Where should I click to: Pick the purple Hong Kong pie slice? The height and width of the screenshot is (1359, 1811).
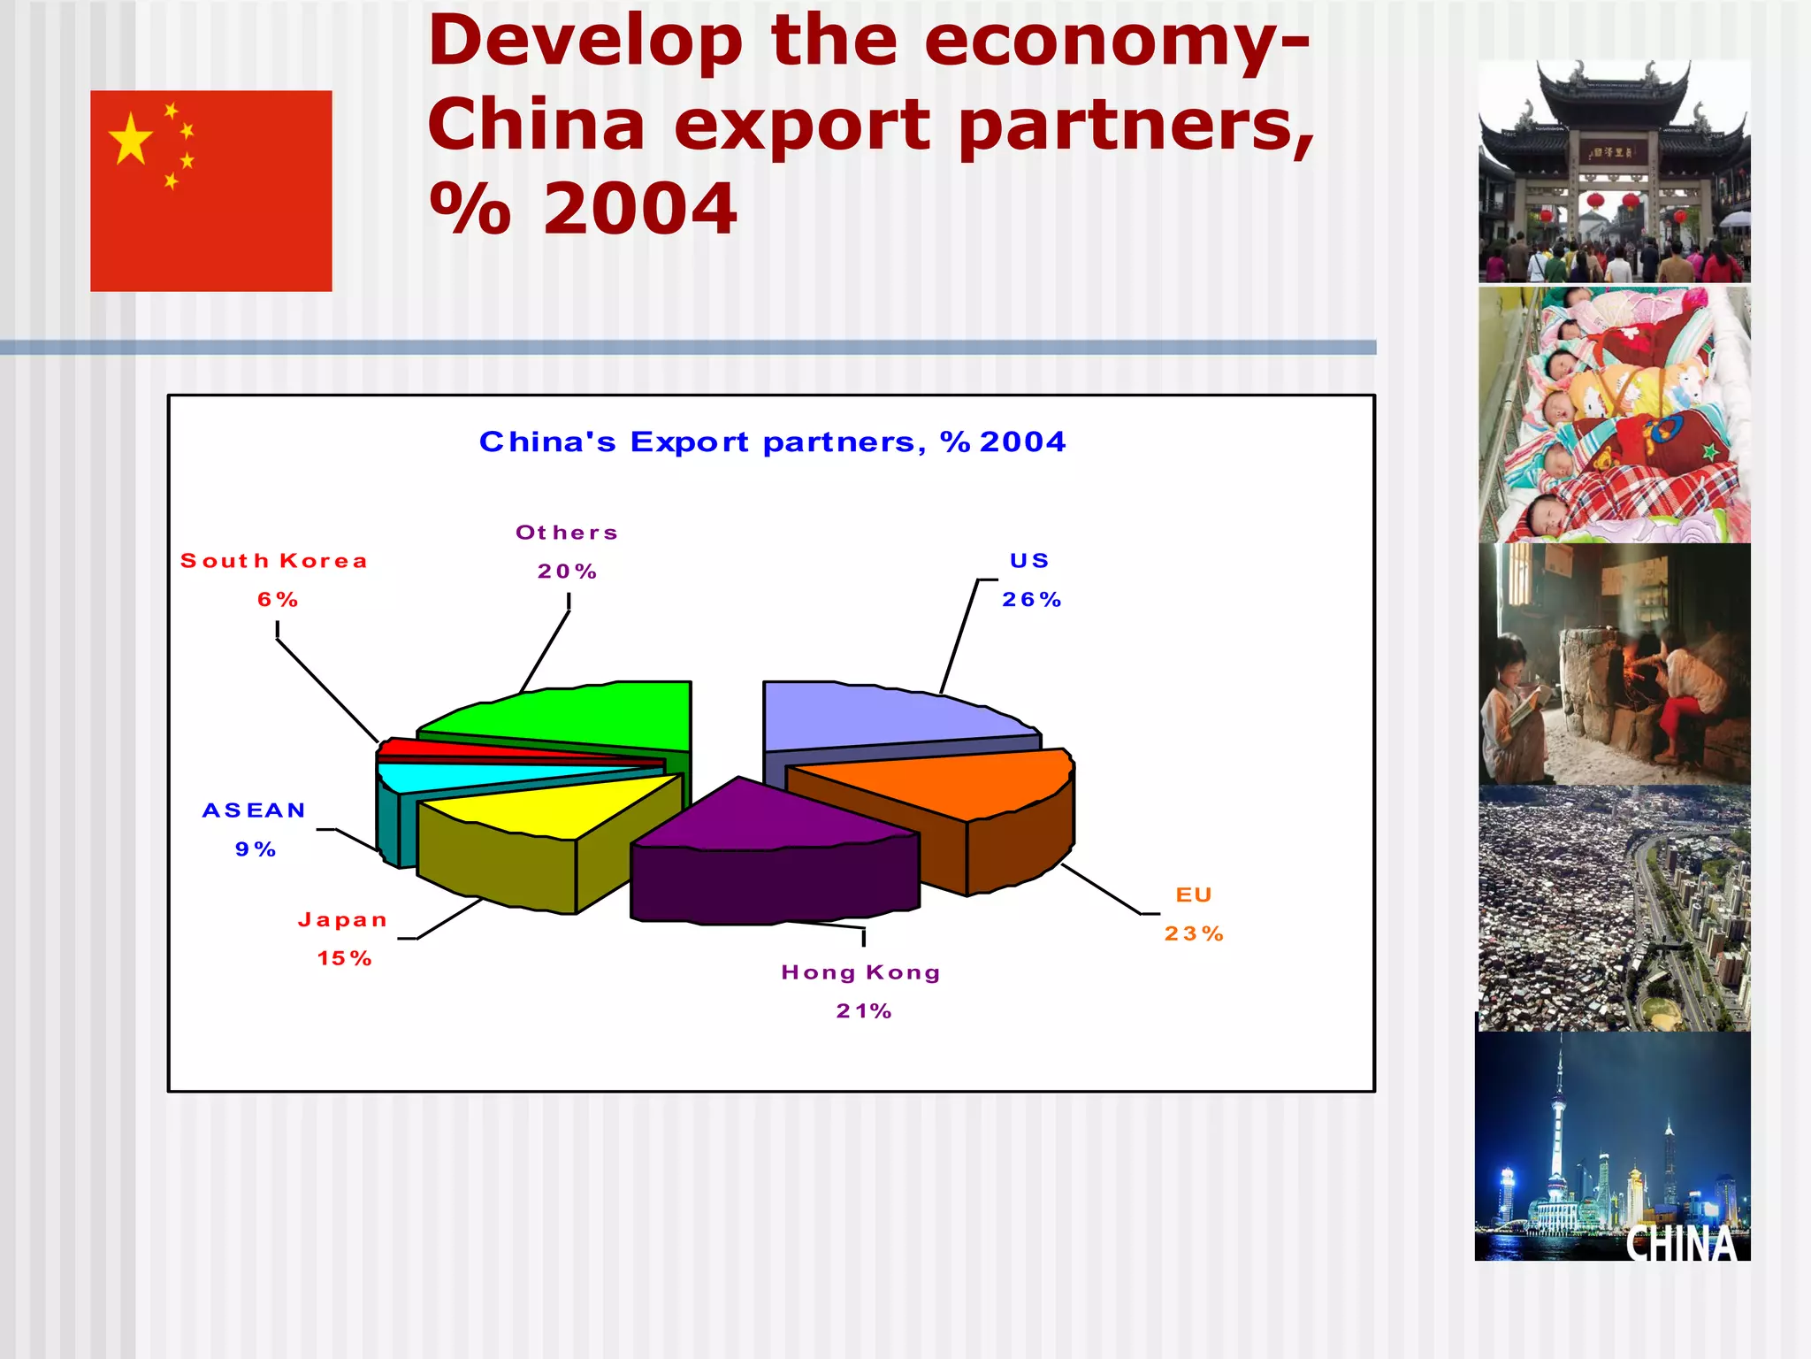point(760,818)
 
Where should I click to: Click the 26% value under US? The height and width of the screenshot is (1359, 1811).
point(1031,600)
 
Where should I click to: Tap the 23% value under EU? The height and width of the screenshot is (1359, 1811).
point(1194,933)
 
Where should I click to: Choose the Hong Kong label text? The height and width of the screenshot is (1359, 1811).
point(860,972)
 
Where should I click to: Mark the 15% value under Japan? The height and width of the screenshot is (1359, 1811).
point(344,958)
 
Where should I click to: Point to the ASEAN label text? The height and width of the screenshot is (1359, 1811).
point(254,810)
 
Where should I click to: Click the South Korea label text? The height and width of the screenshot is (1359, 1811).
point(273,561)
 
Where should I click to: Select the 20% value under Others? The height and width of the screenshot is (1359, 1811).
point(567,572)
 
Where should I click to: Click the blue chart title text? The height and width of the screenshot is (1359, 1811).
point(772,441)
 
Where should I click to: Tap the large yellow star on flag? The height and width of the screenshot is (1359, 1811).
point(131,139)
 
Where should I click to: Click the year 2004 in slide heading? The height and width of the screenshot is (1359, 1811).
point(639,209)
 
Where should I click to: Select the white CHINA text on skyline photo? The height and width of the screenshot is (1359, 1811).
point(1681,1243)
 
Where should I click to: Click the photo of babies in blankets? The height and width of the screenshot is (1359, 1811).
point(1614,414)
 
